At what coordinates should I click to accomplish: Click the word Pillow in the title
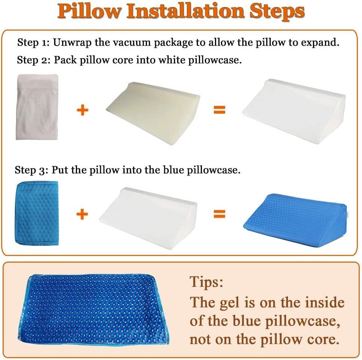pyautogui.click(x=90, y=12)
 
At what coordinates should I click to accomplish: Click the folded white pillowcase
pyautogui.click(x=37, y=107)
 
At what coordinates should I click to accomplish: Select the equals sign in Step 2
pyautogui.click(x=220, y=110)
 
